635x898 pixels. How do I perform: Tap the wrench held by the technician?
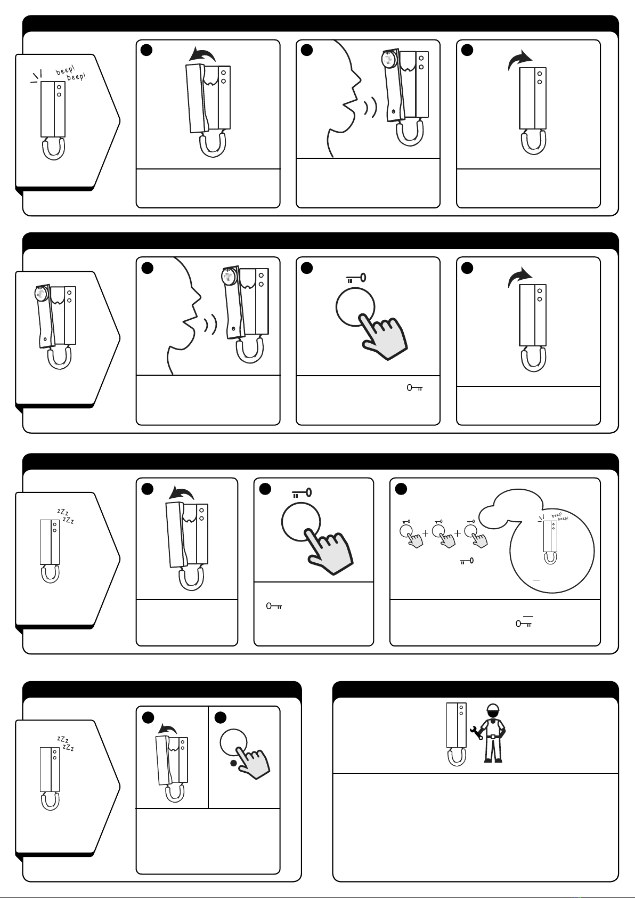pos(476,733)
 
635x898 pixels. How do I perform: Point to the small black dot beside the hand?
pos(233,763)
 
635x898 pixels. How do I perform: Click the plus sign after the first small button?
pos(426,533)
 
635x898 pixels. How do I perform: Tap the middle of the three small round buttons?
pos(438,531)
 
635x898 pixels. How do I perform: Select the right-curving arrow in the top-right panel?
pos(519,59)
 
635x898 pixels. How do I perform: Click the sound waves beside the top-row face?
pos(371,108)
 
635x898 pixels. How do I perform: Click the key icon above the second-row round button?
pos(356,278)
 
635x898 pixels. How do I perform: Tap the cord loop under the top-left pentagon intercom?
pos(53,149)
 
